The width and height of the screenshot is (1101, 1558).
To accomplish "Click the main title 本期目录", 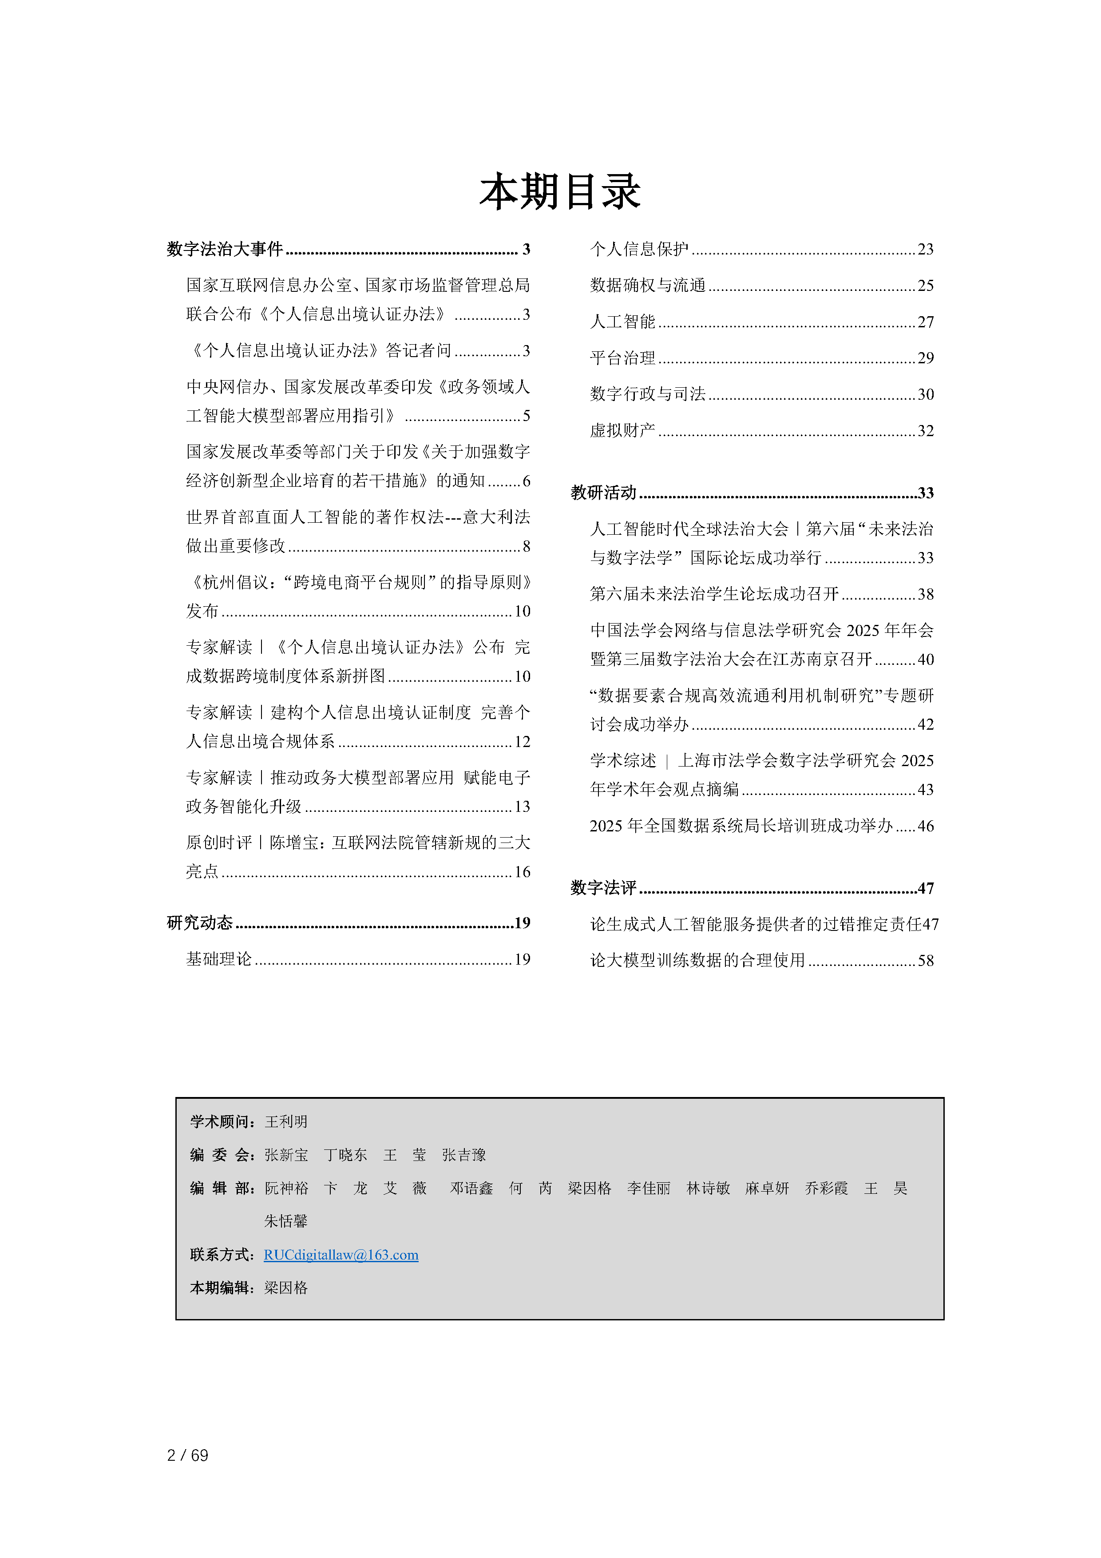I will [x=560, y=191].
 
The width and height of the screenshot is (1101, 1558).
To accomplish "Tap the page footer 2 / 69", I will [x=187, y=1455].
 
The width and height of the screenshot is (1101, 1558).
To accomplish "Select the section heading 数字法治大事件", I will [x=225, y=249].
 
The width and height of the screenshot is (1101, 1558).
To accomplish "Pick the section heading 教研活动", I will [x=603, y=493].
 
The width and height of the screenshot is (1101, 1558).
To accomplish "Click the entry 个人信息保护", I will [x=639, y=249].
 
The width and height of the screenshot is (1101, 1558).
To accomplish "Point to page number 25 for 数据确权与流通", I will [x=925, y=286].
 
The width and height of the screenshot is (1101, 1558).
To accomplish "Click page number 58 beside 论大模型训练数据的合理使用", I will [x=925, y=960].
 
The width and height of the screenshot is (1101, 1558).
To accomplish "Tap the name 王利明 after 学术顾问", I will [x=285, y=1122].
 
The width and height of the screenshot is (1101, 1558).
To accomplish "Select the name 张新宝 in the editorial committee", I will [x=285, y=1155].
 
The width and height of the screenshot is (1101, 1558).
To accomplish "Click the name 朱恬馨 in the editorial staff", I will [x=285, y=1221].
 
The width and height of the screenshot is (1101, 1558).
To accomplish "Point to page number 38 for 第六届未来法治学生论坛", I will [x=925, y=594].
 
